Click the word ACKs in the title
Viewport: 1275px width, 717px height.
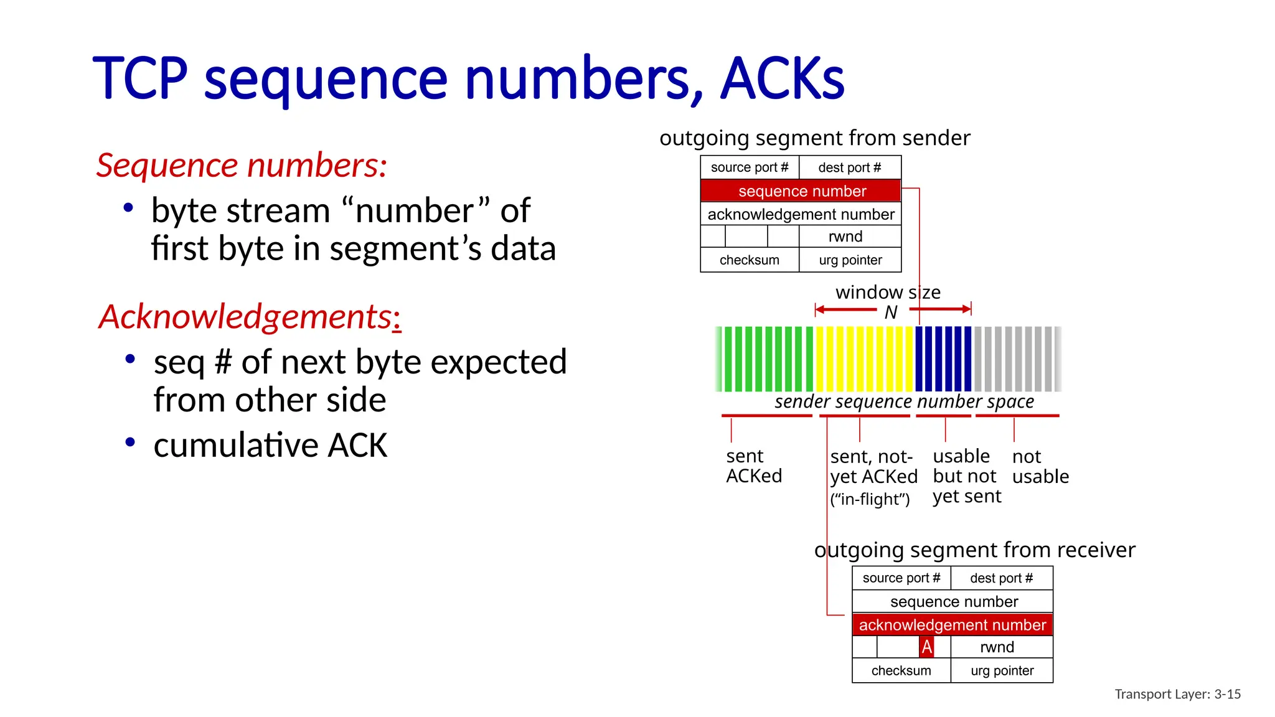782,79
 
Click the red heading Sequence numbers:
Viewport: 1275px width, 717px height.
242,166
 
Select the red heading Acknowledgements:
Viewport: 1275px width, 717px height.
250,317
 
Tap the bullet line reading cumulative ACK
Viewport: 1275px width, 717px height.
270,446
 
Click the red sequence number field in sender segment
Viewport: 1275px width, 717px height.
801,191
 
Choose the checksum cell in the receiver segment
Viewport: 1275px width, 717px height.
901,671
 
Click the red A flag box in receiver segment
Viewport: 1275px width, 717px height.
926,647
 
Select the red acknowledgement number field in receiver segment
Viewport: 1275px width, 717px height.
952,625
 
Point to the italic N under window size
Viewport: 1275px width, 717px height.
891,312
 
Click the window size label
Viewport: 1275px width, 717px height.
888,292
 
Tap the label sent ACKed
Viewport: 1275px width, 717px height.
753,466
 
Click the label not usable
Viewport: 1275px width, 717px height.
1040,467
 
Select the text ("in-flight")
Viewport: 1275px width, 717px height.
870,500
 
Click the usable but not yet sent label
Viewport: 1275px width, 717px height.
966,476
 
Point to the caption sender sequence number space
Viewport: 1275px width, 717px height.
904,402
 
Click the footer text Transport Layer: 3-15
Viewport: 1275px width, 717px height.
1177,694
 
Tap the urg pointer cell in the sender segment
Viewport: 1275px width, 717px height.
850,260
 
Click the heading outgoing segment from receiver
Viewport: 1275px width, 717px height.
974,550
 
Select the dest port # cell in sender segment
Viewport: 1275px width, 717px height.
849,167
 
